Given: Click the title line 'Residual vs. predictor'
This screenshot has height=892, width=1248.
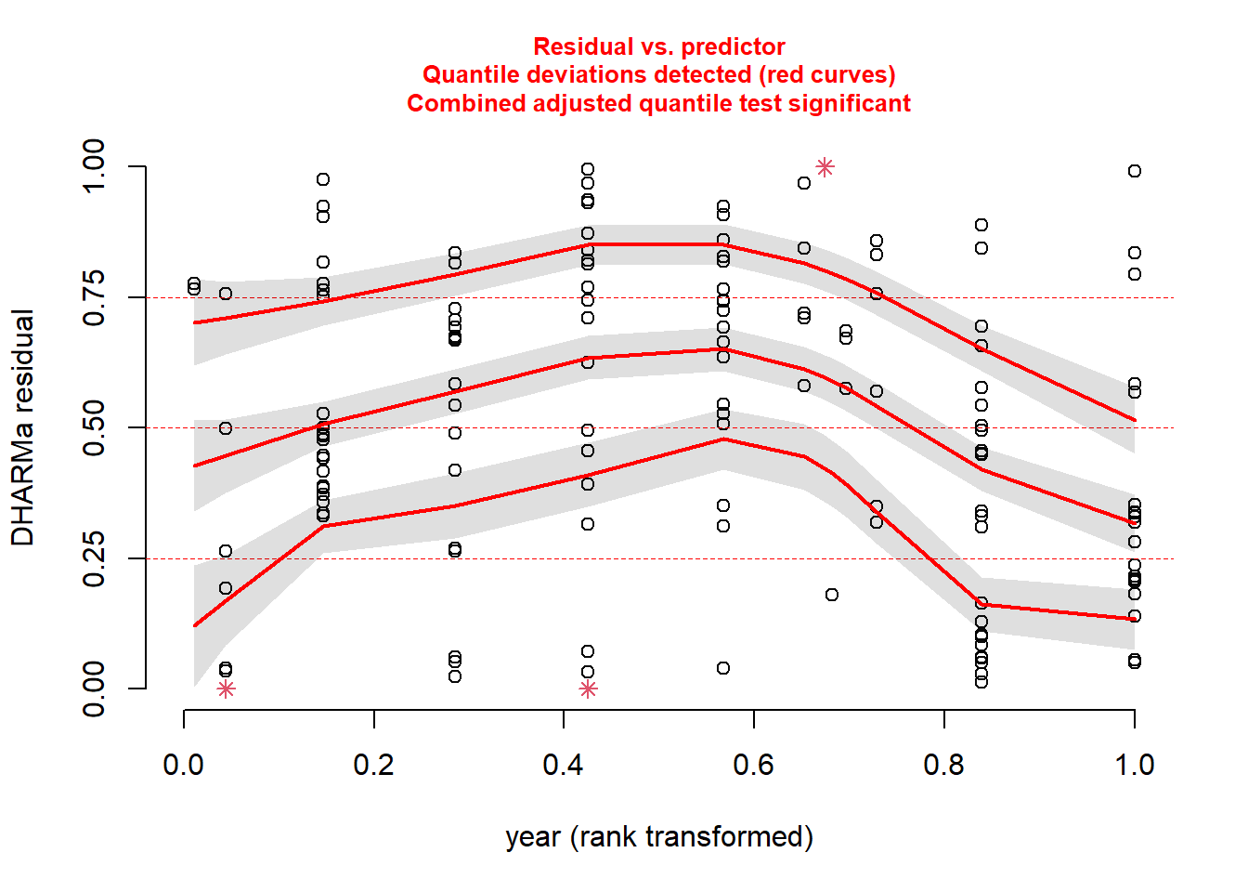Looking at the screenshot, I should click(x=658, y=46).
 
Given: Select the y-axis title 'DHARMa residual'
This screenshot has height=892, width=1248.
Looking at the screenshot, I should click(x=22, y=427).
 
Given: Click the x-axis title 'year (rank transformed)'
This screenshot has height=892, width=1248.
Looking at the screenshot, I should click(x=658, y=836).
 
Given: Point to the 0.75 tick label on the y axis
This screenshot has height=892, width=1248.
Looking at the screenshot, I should click(x=94, y=298).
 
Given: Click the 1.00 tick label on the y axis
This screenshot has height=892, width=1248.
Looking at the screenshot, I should click(x=94, y=167).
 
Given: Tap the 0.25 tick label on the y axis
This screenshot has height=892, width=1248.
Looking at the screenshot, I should click(x=94, y=559).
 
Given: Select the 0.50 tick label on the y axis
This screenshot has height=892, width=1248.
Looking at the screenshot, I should click(x=94, y=428).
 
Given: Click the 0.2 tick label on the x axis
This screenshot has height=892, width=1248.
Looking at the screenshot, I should click(x=373, y=765).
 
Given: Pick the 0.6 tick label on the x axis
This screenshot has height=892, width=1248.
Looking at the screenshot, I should click(x=753, y=765).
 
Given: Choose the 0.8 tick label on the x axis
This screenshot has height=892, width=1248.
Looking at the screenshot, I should click(x=943, y=765).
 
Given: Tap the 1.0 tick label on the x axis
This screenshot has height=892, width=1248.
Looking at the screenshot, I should click(x=1134, y=765).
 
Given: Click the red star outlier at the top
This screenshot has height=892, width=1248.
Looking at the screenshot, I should click(x=825, y=167).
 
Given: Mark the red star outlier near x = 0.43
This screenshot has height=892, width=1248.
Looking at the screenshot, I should click(x=588, y=689).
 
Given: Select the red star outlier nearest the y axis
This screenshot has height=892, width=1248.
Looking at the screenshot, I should click(x=226, y=689).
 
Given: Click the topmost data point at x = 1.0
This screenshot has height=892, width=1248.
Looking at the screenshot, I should click(x=1135, y=171).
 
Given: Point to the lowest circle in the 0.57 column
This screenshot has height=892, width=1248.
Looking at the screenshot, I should click(x=723, y=668).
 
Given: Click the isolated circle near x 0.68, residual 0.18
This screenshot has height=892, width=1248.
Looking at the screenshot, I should click(x=832, y=595).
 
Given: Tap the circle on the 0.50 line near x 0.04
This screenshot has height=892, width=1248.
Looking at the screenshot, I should click(x=226, y=428).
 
